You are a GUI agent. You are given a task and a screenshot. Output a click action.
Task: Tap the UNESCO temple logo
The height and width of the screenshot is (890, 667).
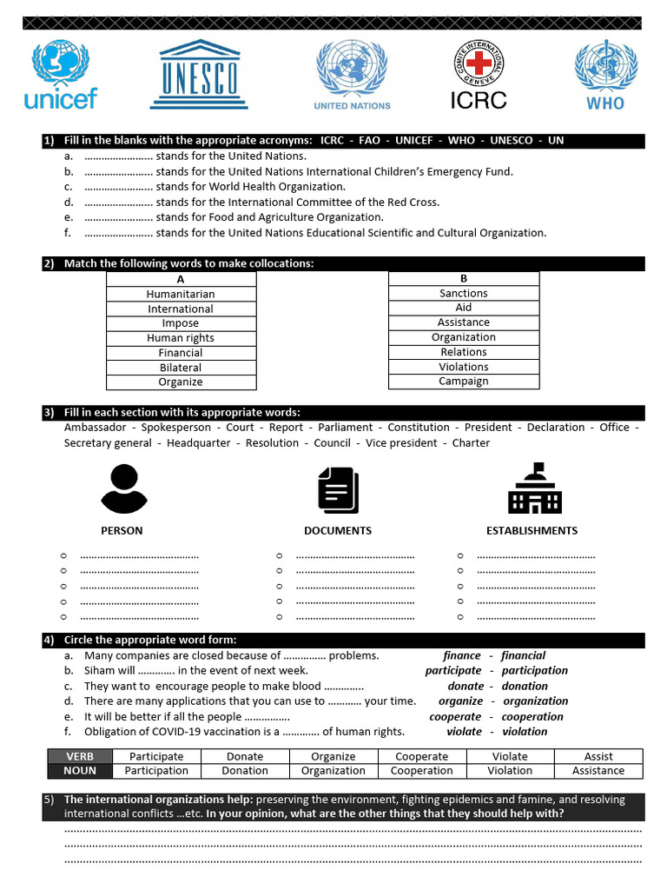tap(200, 75)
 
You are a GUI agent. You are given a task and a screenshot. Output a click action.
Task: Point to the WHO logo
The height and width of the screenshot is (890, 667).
tap(605, 75)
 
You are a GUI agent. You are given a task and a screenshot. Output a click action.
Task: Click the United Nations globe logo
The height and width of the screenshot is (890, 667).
tap(352, 75)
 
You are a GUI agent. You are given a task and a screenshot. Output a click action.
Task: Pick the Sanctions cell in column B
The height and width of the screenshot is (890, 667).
tap(464, 294)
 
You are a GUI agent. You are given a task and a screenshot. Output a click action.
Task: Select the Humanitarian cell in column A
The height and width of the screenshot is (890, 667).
tap(181, 295)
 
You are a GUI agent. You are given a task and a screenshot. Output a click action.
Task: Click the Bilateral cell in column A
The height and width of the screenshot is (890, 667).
tap(181, 368)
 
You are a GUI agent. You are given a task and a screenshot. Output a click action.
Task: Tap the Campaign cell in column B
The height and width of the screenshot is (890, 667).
tap(464, 382)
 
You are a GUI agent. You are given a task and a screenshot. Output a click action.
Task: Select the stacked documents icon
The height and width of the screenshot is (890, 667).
tap(338, 489)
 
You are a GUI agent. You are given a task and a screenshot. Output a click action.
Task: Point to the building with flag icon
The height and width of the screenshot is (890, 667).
tap(533, 488)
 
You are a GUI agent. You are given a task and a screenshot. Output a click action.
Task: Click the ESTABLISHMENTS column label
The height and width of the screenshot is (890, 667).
tap(532, 530)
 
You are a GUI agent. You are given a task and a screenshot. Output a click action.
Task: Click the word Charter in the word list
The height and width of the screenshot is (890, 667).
tap(471, 443)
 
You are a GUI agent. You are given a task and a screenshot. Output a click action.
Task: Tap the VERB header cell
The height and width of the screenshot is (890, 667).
tap(80, 757)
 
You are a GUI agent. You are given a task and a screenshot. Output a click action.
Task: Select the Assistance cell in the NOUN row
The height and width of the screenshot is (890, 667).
tap(598, 771)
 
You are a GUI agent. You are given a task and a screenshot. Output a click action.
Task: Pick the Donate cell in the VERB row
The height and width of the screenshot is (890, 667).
tap(245, 757)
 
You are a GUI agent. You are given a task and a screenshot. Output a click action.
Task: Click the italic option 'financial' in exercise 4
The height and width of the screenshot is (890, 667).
tap(524, 656)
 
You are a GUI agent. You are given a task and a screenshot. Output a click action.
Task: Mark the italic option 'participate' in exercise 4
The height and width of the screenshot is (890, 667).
tap(452, 671)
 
